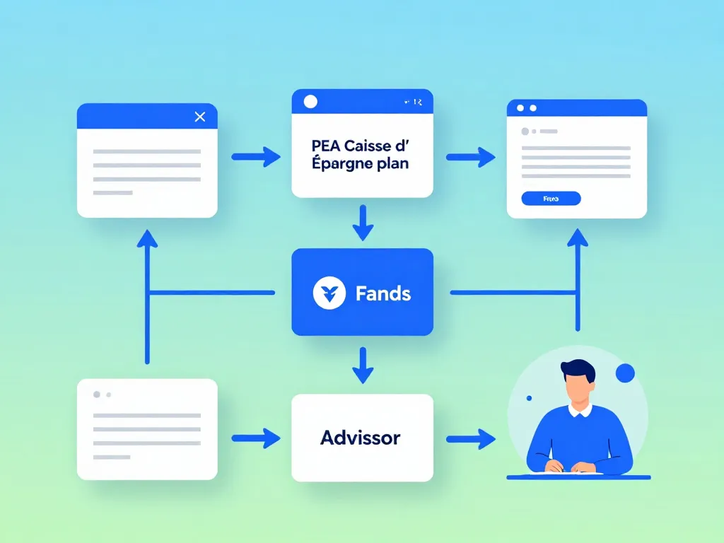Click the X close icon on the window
coord(200,117)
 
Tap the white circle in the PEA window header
coord(310,102)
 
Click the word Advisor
coord(360,438)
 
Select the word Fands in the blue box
coord(383,293)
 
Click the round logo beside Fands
coord(329,293)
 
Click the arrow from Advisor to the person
coord(471,438)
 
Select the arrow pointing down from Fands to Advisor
coord(362,366)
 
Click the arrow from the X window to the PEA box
coord(256,157)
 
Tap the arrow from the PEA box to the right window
coord(471,157)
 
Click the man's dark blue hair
coord(578,370)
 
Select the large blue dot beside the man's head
coord(625,373)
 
